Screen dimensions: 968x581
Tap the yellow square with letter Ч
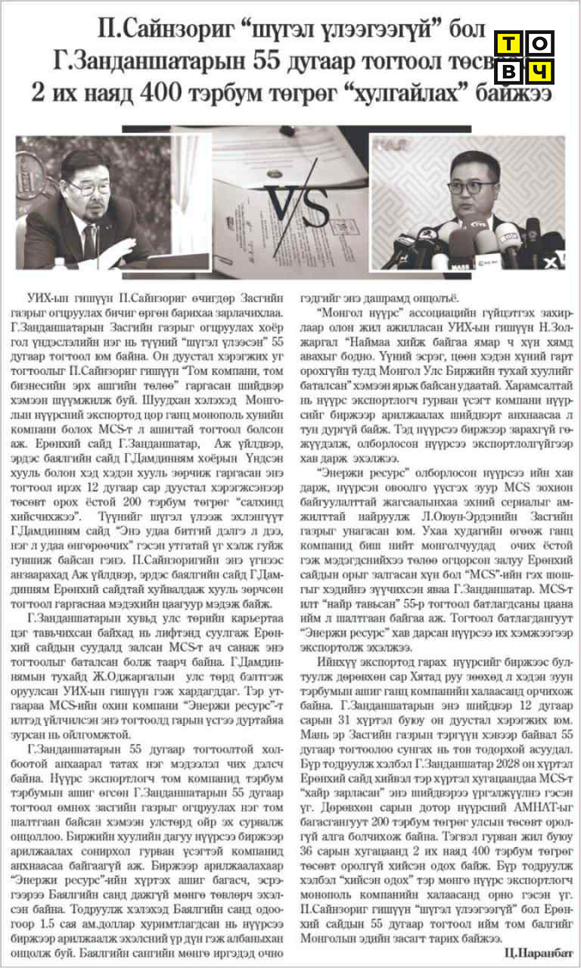coord(539,72)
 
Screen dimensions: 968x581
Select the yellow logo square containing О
coord(539,45)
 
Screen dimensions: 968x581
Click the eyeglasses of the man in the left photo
coord(89,186)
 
